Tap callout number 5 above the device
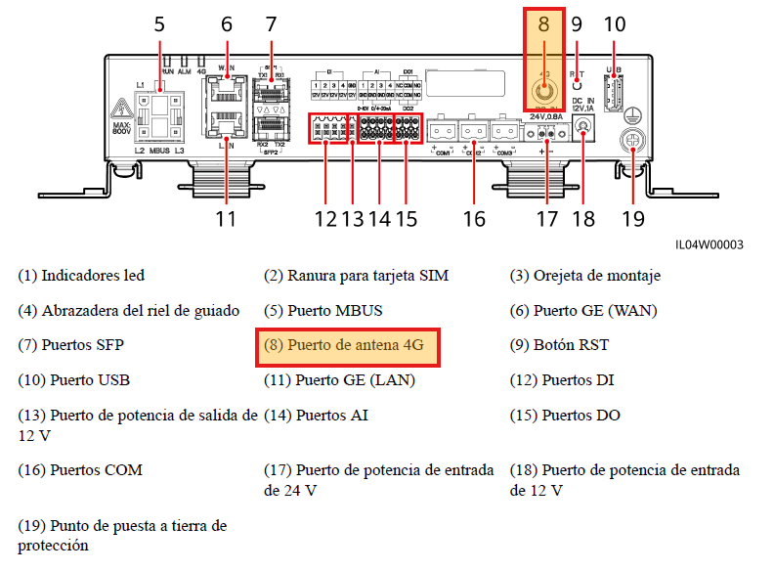159,24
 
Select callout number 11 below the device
226,218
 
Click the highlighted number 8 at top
543,24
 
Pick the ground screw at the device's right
635,143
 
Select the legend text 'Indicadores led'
81,276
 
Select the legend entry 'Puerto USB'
74,379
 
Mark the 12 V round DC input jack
584,127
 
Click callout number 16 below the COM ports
474,218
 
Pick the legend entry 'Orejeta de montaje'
584,276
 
